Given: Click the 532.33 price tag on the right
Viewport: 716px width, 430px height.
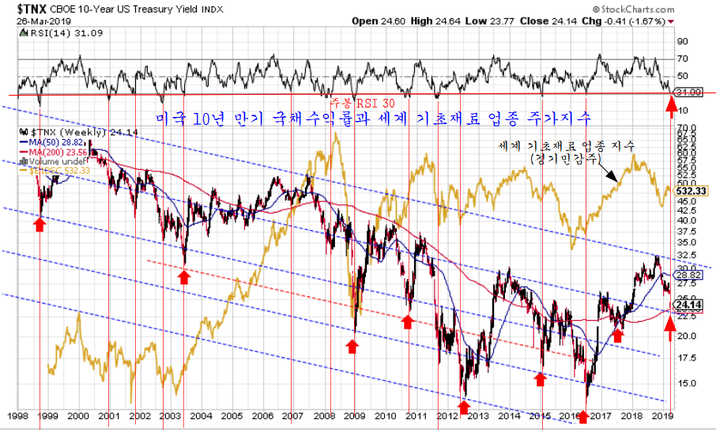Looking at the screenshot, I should coord(692,190).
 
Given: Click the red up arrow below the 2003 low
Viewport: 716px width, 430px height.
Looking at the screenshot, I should coord(184,277).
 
